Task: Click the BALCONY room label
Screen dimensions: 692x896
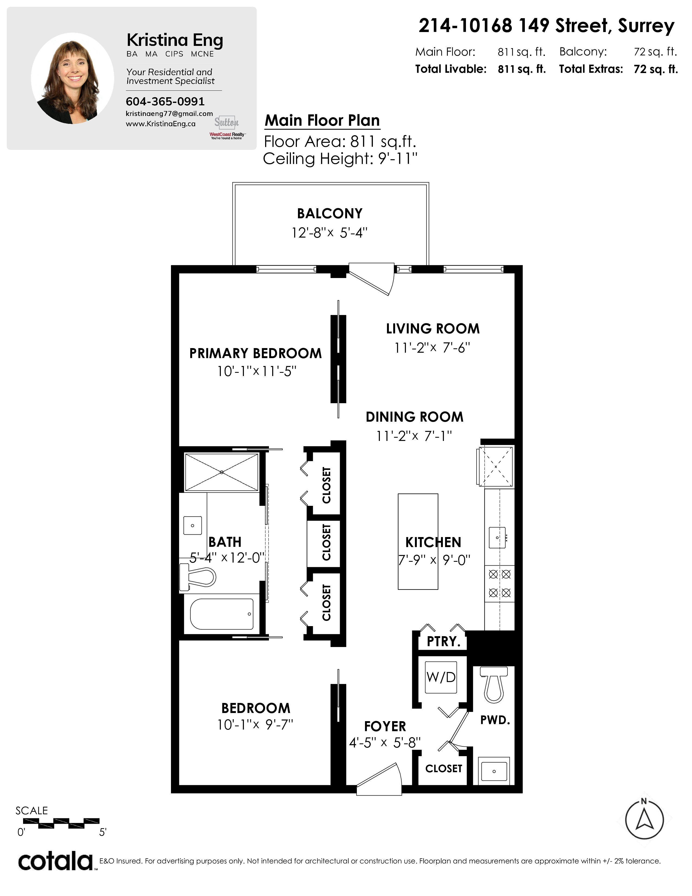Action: coord(330,213)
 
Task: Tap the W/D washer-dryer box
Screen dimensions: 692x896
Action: coord(441,677)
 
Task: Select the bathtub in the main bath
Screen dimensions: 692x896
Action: coord(221,614)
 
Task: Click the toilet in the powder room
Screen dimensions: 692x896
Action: coord(494,685)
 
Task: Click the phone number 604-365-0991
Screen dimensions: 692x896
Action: coord(165,101)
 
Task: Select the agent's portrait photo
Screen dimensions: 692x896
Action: coord(72,78)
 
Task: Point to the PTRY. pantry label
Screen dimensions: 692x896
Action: coord(444,641)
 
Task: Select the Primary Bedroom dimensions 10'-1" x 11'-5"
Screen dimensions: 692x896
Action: coord(257,371)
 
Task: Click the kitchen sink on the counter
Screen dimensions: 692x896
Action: coord(497,537)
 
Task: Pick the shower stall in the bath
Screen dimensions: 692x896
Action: coord(221,472)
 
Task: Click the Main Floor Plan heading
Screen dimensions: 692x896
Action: coord(322,121)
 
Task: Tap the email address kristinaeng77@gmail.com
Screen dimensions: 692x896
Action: coord(169,114)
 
